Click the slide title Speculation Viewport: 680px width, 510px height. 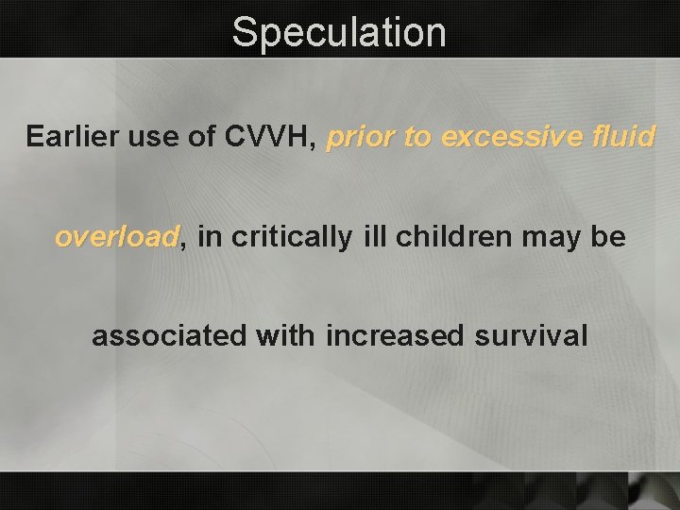pos(339,32)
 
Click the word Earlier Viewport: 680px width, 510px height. pos(71,137)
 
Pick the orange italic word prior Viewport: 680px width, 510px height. pos(361,138)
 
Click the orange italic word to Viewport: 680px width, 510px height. pos(417,138)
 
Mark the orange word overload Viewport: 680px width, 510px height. pos(116,237)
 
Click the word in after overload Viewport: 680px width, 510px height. pos(210,237)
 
